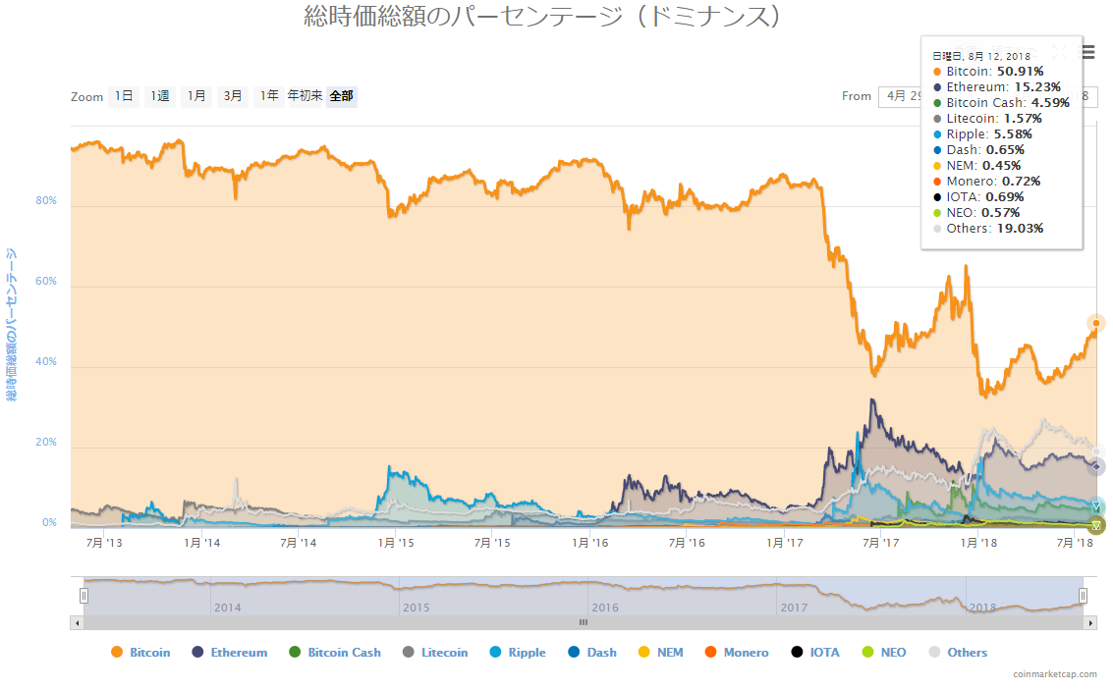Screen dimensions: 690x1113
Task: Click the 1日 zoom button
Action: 124,96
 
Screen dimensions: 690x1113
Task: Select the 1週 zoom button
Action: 160,96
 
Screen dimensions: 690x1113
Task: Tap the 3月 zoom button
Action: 233,96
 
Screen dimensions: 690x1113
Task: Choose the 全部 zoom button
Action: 342,96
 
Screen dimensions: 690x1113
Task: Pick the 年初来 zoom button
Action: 305,96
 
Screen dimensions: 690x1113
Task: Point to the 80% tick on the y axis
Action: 46,201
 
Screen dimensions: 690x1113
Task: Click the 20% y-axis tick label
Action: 46,443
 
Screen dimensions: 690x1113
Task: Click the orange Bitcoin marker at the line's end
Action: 1096,323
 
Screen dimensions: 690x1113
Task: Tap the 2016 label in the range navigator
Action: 605,608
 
